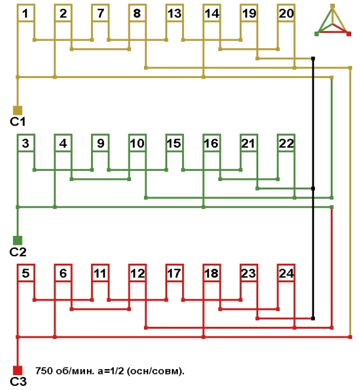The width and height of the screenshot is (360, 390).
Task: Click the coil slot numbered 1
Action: tap(26, 13)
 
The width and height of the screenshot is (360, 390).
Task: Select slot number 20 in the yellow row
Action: tap(286, 13)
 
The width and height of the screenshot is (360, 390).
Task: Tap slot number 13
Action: tap(174, 13)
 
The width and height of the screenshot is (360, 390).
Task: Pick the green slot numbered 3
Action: tap(26, 143)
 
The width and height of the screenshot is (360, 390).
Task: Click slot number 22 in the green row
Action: tap(286, 143)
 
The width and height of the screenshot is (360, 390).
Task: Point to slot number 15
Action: tap(174, 143)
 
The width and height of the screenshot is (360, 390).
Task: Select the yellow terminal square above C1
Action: tap(18, 110)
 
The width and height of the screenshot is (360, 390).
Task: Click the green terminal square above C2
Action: tap(18, 240)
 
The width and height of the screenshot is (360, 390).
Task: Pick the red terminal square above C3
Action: tap(18, 370)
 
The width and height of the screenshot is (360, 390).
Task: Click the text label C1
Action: tap(17, 121)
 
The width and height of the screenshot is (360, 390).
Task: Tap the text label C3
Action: tap(18, 382)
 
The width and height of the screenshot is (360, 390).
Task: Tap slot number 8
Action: tap(137, 13)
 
